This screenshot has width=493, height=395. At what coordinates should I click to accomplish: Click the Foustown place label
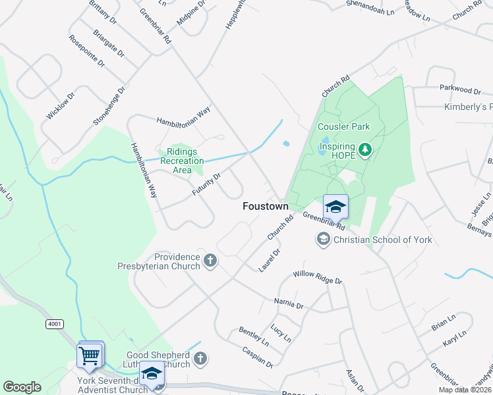(266, 206)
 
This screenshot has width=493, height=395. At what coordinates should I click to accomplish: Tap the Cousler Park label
(343, 126)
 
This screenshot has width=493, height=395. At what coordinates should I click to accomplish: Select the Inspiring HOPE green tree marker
(366, 151)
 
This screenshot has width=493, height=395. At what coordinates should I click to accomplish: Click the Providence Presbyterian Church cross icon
(210, 261)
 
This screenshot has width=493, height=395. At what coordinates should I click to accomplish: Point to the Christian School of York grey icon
(324, 239)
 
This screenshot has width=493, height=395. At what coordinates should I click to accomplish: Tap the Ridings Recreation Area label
(182, 161)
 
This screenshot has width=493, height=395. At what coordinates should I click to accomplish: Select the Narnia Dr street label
(289, 304)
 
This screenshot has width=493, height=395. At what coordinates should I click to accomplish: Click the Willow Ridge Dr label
(318, 276)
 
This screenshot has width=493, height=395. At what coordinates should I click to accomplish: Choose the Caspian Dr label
(257, 356)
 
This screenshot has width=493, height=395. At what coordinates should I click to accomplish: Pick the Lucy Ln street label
(281, 332)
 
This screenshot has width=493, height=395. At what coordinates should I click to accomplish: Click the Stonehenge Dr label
(109, 106)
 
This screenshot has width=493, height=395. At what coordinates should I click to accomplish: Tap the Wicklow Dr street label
(61, 105)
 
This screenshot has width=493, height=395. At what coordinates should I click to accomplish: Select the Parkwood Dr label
(456, 89)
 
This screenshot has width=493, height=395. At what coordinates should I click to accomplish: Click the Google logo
(22, 387)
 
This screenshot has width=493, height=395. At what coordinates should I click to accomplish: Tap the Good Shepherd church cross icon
(200, 359)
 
